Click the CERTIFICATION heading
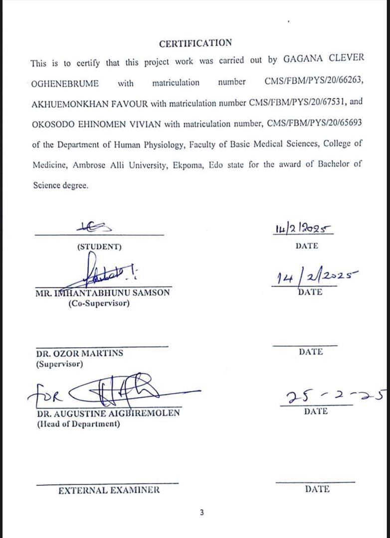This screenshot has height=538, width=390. pyautogui.click(x=195, y=43)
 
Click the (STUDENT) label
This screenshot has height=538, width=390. pyautogui.click(x=99, y=246)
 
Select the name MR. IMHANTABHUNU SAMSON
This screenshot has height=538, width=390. pyautogui.click(x=102, y=293)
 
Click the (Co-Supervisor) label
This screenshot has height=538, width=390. pyautogui.click(x=99, y=303)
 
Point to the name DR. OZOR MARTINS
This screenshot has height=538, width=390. pyautogui.click(x=79, y=353)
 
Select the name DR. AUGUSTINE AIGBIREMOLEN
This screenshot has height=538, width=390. pyautogui.click(x=108, y=413)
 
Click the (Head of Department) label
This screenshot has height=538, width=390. pyautogui.click(x=78, y=424)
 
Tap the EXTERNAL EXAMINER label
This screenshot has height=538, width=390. pyautogui.click(x=109, y=490)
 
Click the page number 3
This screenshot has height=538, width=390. pyautogui.click(x=201, y=512)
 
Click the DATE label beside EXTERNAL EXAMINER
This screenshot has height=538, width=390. pyautogui.click(x=317, y=489)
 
